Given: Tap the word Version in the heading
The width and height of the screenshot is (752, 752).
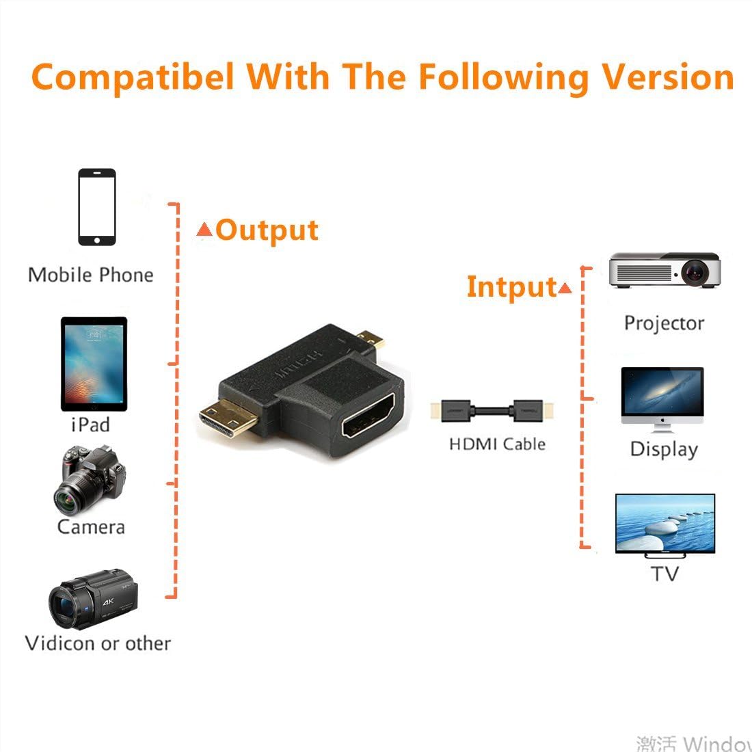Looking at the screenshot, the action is point(667,77).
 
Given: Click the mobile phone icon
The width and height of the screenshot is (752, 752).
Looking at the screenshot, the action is point(97,207).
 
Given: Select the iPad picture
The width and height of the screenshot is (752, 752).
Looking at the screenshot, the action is point(94,364).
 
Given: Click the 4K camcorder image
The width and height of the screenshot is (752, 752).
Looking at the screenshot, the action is point(93,599).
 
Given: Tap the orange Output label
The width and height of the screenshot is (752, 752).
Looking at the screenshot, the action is point(267,230).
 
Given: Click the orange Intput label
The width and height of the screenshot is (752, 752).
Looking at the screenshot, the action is point(512,287).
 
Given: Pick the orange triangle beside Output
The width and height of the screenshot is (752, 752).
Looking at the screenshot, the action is point(204,229).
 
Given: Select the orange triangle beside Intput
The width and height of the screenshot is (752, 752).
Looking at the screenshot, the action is point(565,288).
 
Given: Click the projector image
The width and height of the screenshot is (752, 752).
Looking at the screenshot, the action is point(664,269).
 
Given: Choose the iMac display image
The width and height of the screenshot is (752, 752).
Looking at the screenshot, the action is point(662,400).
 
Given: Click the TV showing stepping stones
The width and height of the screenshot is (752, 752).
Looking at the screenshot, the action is point(665,526).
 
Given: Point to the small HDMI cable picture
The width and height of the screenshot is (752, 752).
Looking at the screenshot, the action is point(492,411).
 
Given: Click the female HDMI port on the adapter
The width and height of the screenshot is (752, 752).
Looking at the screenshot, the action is point(368,416).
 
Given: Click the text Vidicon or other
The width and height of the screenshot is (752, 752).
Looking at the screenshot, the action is point(98,643).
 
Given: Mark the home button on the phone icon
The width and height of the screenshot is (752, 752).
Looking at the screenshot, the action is point(97,240).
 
